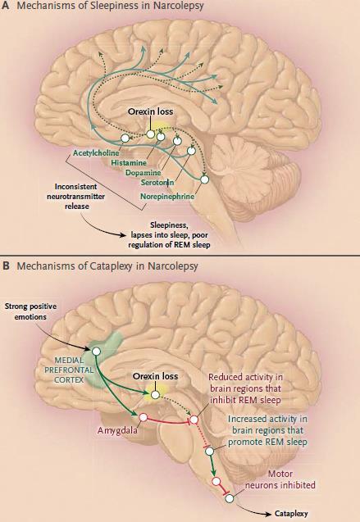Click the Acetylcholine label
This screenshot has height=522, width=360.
[96, 153]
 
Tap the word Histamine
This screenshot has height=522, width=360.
[129, 163]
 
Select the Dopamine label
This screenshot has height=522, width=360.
[144, 173]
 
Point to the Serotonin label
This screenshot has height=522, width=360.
[157, 183]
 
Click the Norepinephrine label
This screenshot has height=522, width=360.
[167, 197]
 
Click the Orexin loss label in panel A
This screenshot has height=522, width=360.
[151, 111]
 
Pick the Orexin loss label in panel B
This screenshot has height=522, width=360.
[155, 376]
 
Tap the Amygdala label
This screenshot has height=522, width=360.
[117, 430]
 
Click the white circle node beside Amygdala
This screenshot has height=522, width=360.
[144, 417]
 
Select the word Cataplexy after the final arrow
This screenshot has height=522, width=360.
[291, 514]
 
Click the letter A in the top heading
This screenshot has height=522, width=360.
[5, 6]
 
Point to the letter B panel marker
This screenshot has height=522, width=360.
[5, 266]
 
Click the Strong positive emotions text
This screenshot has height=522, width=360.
[30, 311]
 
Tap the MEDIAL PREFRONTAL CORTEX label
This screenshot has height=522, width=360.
[69, 370]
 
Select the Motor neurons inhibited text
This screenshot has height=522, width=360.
[280, 479]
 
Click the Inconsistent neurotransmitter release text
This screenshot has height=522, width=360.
[76, 197]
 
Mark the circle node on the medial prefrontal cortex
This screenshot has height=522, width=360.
[96, 352]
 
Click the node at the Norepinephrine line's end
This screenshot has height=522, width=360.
[204, 179]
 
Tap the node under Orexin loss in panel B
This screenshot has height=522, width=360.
[155, 395]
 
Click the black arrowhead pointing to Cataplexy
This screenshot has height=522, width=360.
[268, 514]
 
